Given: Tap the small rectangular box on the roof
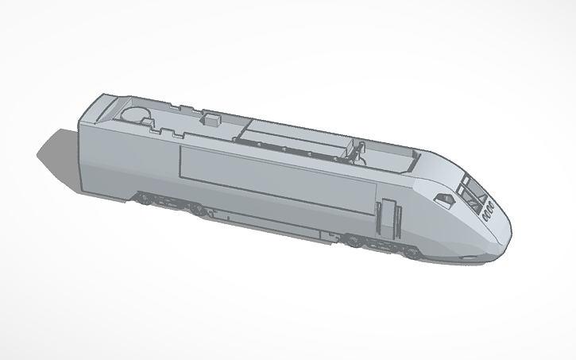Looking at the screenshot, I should pos(212,120).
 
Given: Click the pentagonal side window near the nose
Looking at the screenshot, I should pos(443,197).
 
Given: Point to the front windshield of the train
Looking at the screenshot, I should pos(474,192).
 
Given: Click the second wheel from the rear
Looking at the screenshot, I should pos(195,210).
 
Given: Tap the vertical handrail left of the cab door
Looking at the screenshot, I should pos(380,216).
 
